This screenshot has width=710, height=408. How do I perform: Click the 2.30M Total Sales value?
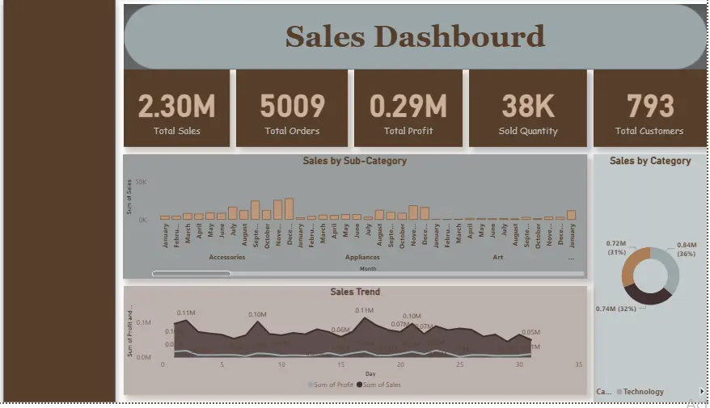point(176,106)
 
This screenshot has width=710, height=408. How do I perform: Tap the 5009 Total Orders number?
point(292,106)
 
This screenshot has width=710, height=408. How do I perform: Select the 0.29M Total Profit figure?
point(408,106)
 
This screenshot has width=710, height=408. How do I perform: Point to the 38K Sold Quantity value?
point(527,106)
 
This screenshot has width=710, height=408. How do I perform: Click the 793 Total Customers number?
point(649,106)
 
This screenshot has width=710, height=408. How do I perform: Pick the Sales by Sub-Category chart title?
point(354,161)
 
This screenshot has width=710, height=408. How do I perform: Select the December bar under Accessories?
point(289,208)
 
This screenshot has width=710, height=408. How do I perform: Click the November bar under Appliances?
point(413,212)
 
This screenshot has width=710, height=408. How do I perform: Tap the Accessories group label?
point(226,257)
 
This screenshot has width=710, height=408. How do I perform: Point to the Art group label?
point(497,257)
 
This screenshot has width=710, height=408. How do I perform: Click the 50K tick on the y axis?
point(141,183)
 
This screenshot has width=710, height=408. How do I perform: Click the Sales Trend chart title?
point(354,292)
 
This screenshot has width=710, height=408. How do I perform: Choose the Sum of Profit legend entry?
point(329,385)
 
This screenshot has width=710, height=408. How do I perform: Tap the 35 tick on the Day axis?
point(578,364)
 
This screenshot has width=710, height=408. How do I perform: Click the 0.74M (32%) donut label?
point(617,308)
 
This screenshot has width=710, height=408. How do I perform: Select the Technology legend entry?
point(643,392)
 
